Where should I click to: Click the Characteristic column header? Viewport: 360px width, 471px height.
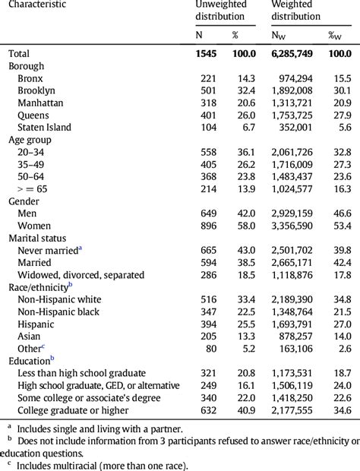click(36, 5)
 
